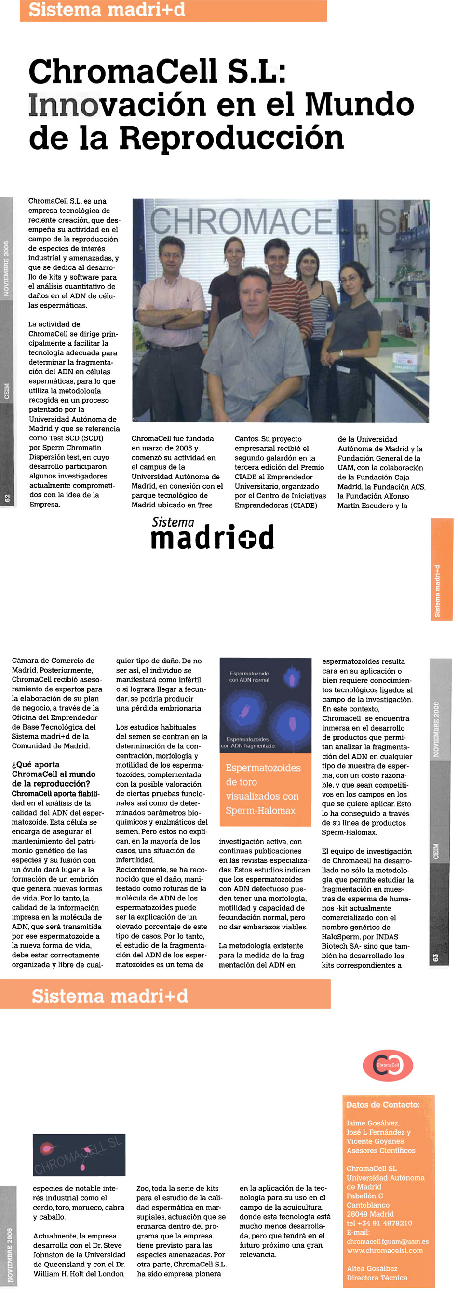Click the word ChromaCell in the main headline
[x=123, y=71]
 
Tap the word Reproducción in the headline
[x=231, y=138]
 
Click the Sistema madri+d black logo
[x=212, y=534]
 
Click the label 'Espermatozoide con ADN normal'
[x=249, y=676]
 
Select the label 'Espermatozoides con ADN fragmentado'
[x=248, y=743]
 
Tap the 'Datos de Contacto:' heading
[x=383, y=1105]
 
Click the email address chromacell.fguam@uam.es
[x=387, y=1241]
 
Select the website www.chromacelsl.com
[x=384, y=1250]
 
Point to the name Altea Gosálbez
[x=372, y=1268]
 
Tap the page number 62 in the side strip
[x=7, y=498]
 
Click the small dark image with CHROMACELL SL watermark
[x=79, y=1155]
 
